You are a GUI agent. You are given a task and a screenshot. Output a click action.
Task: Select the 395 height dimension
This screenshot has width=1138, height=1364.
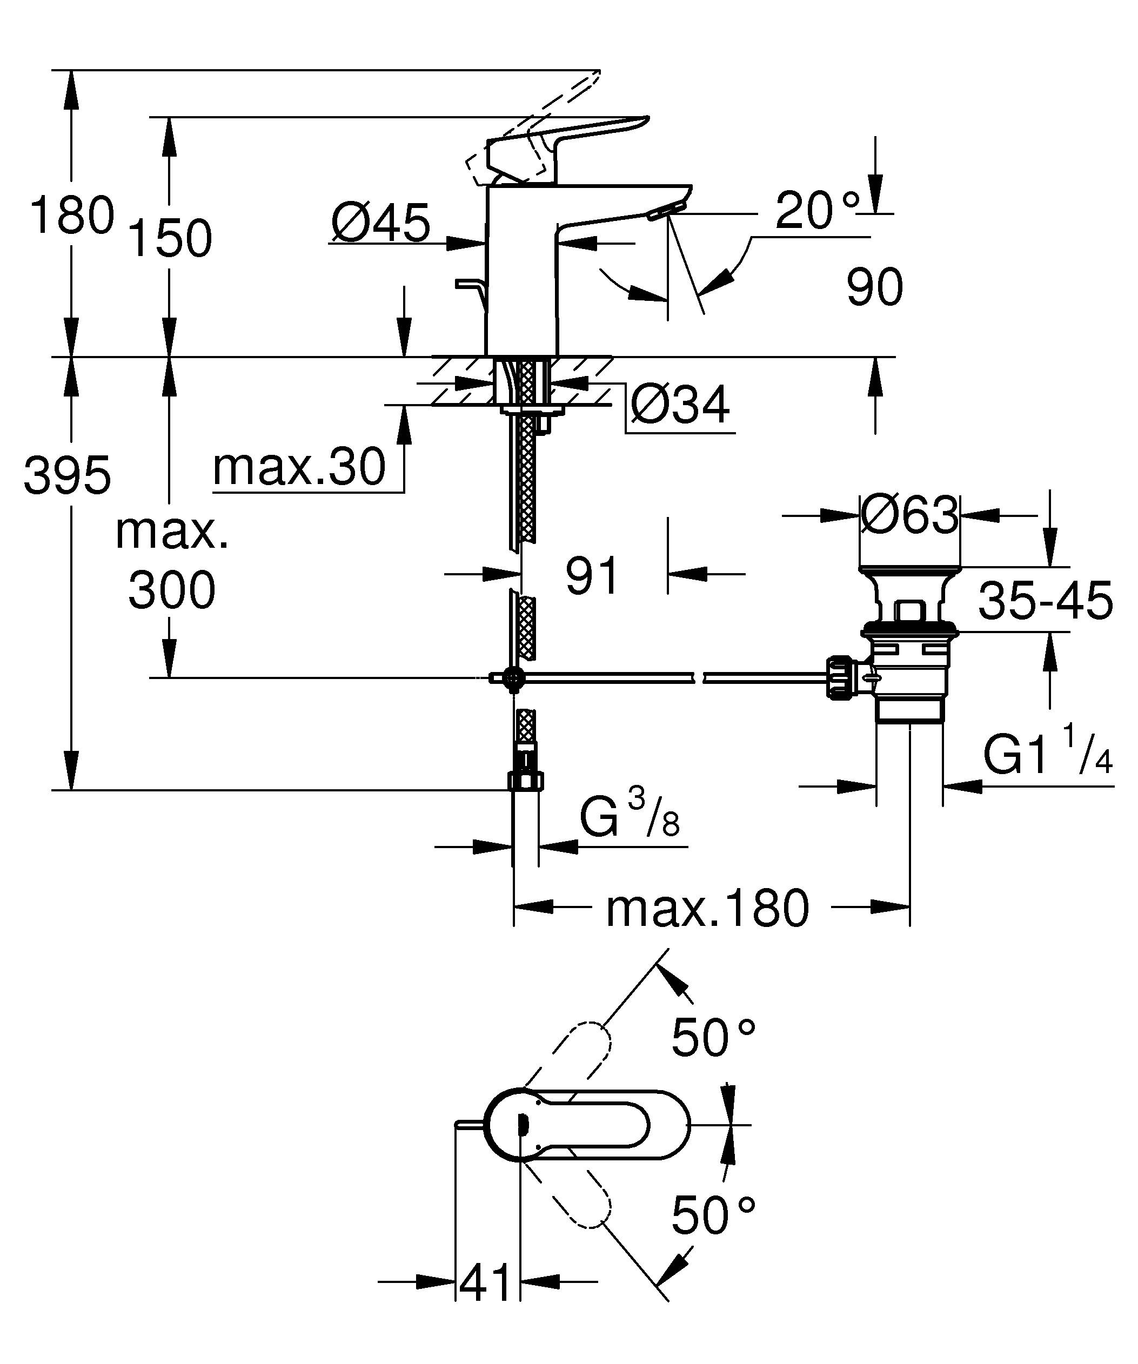pos(67,474)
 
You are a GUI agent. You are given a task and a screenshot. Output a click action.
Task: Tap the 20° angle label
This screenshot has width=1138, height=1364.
pos(816,211)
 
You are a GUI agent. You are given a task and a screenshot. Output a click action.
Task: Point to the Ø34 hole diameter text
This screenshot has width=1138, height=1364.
pos(680,405)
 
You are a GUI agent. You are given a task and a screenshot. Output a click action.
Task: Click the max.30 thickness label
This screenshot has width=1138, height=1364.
pos(299,467)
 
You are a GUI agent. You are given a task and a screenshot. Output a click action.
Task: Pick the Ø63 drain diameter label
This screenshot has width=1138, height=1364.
pos(909,515)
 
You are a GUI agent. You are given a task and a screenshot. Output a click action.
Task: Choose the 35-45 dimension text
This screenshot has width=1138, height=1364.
pos(1045,601)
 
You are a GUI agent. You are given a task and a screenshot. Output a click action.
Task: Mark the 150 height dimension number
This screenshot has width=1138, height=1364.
pos(170,238)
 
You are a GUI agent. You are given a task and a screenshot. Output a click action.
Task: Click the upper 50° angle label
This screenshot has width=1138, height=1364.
pos(713,1037)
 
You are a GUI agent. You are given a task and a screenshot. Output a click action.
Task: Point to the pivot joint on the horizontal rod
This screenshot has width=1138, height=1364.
pos(514,678)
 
